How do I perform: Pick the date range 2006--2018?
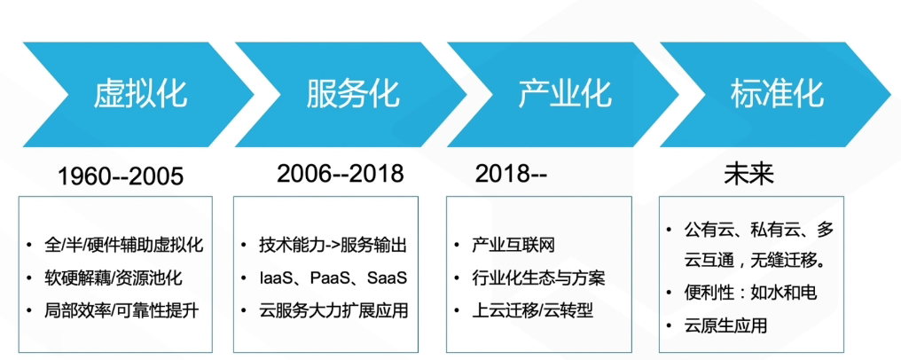click(x=340, y=173)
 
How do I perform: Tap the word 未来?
click(x=748, y=173)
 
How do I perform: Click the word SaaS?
click(x=385, y=278)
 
